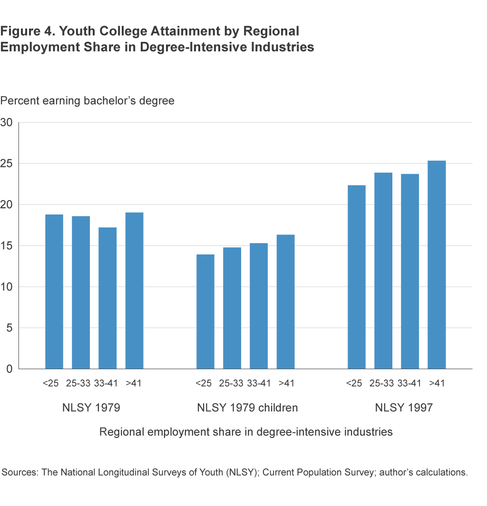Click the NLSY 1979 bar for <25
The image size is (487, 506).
click(x=54, y=292)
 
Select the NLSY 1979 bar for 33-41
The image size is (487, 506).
click(x=107, y=298)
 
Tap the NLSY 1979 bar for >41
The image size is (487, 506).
click(x=134, y=291)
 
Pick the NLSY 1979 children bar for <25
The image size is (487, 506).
click(x=205, y=311)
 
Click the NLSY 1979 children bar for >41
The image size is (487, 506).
click(x=285, y=302)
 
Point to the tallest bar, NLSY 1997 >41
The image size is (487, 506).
click(x=437, y=265)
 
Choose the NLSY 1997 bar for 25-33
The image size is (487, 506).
click(x=383, y=271)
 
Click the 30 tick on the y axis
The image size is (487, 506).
click(x=7, y=122)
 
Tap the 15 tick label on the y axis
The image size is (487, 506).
click(x=7, y=245)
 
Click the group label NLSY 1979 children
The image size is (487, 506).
click(x=247, y=408)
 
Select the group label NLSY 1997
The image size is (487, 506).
click(x=404, y=408)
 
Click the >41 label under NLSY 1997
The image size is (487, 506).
click(x=436, y=383)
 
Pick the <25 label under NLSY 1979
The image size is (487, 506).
click(x=50, y=383)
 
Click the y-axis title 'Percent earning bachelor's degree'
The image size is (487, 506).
click(x=88, y=101)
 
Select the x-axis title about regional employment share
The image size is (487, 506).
click(x=246, y=432)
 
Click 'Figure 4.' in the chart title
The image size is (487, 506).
click(x=26, y=32)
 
